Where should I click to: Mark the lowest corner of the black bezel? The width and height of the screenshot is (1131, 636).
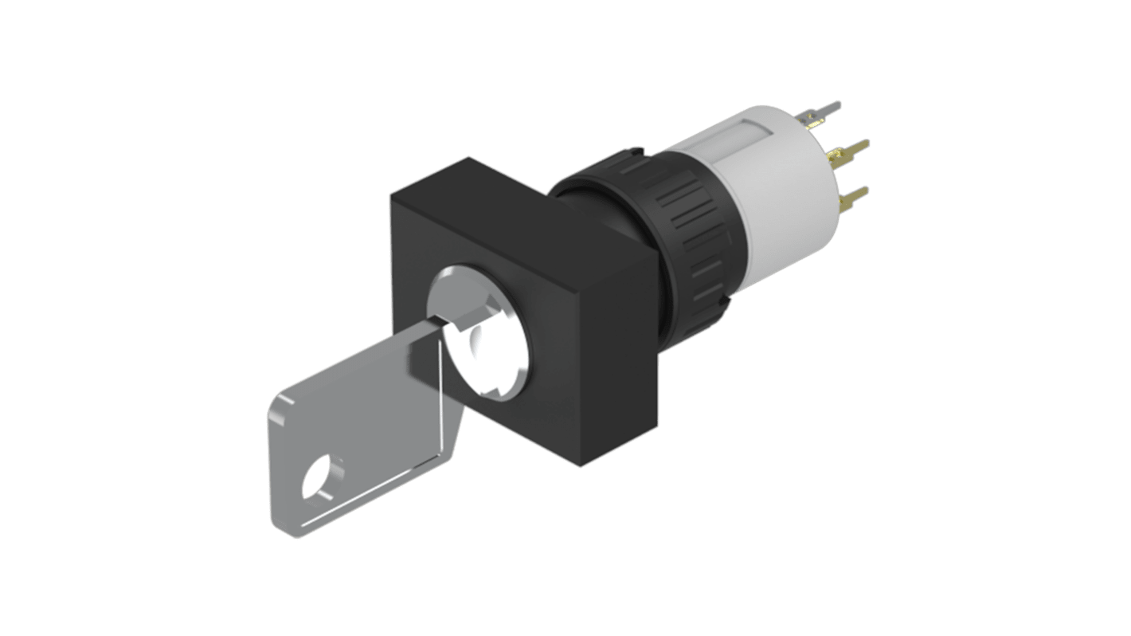click(x=581, y=465)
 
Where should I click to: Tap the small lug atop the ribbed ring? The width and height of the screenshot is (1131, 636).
click(x=633, y=149)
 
